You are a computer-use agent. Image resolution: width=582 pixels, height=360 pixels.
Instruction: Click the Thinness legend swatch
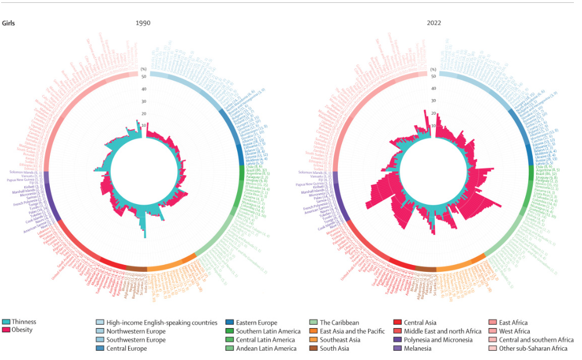(x=6, y=322)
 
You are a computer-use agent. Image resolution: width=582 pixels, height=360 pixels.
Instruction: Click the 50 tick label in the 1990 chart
(x=143, y=76)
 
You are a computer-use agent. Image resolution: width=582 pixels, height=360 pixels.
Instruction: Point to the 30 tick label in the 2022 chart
(x=433, y=101)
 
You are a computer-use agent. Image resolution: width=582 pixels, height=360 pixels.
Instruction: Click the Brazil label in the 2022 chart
(x=544, y=173)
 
